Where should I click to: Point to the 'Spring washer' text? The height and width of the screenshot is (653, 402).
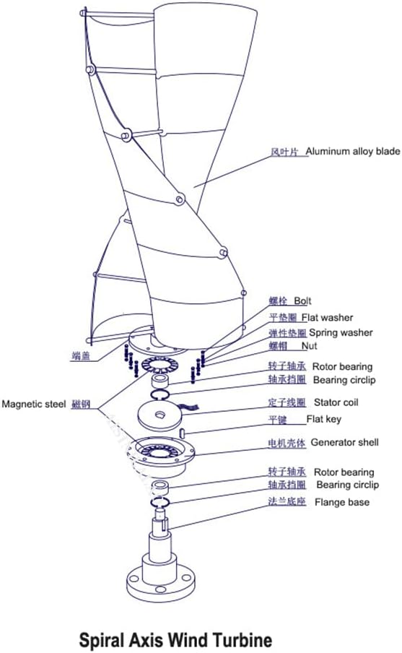point(341,333)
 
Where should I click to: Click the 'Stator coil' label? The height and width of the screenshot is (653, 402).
point(336,402)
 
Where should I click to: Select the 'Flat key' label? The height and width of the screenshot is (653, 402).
point(324,419)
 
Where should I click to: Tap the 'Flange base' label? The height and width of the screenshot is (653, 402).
point(341,502)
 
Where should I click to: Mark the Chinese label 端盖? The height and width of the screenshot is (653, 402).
point(81,355)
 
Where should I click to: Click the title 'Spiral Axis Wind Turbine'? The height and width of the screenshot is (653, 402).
point(175,639)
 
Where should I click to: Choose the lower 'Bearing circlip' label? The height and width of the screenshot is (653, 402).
point(347,485)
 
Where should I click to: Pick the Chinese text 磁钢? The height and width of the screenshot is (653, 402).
point(80,405)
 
